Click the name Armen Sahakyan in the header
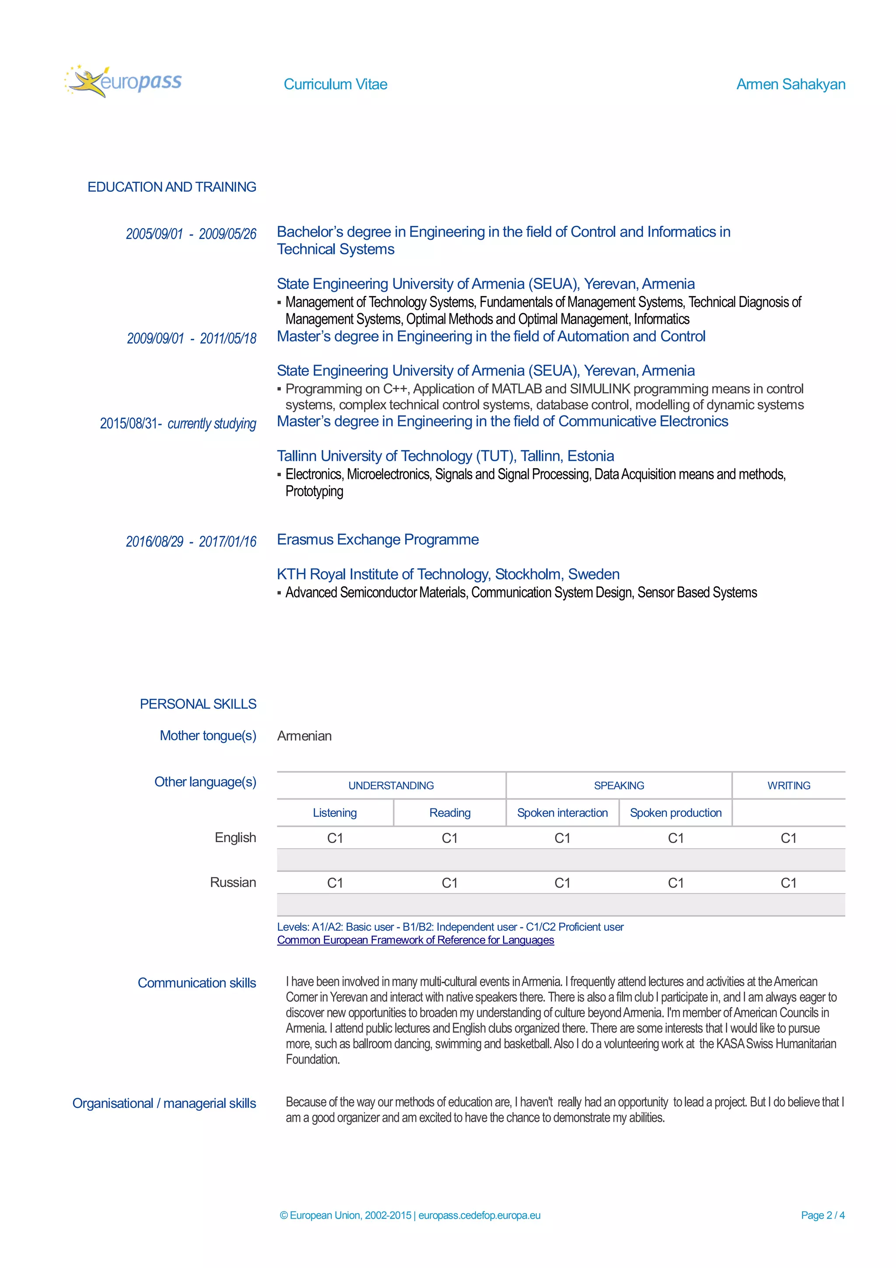pos(790,84)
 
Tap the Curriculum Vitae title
pos(335,84)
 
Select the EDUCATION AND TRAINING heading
pos(171,187)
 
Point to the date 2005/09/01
pos(154,234)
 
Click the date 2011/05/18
pos(228,338)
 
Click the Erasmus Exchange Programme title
pos(378,540)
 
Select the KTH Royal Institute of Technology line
pos(448,574)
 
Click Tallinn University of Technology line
pos(445,456)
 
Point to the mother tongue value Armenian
pos(304,736)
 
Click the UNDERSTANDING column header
pos(391,785)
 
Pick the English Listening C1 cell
pos(335,838)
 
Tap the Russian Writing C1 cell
pos(788,883)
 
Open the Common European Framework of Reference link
pos(415,940)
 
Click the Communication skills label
pos(196,983)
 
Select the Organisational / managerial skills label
pos(164,1103)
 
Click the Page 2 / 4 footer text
pos(822,1215)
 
